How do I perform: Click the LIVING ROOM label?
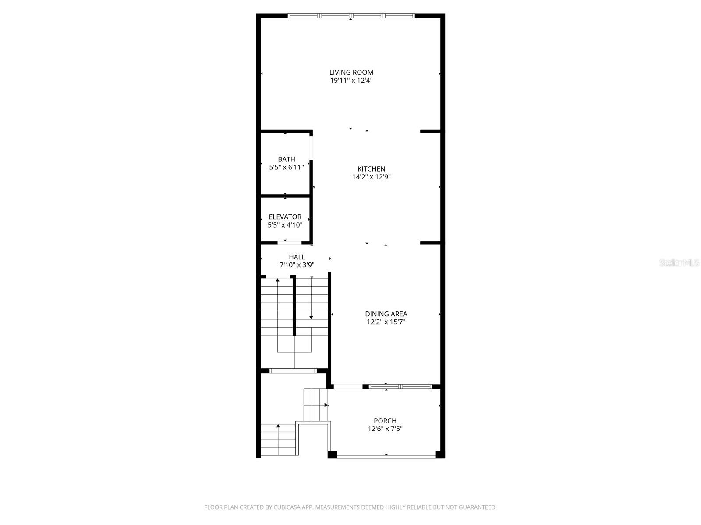tap(351, 73)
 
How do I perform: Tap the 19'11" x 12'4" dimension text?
tap(351, 80)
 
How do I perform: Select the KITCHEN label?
tap(371, 169)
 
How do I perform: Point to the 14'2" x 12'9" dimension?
tap(371, 177)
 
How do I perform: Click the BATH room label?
tap(286, 159)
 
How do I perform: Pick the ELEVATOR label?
tap(285, 217)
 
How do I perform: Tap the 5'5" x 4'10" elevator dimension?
tap(285, 225)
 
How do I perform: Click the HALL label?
tap(297, 257)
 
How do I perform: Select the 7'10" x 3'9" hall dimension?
tap(297, 265)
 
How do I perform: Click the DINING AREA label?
tap(386, 314)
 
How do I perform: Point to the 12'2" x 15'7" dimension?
tap(386, 322)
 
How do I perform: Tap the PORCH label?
tap(385, 421)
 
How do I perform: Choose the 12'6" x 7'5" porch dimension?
tap(385, 429)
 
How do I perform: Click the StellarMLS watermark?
tap(679, 263)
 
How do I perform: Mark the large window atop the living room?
tap(351, 16)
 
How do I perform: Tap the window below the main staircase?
tap(293, 371)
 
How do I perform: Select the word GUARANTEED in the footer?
tap(479, 507)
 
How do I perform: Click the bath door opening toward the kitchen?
tap(311, 148)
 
